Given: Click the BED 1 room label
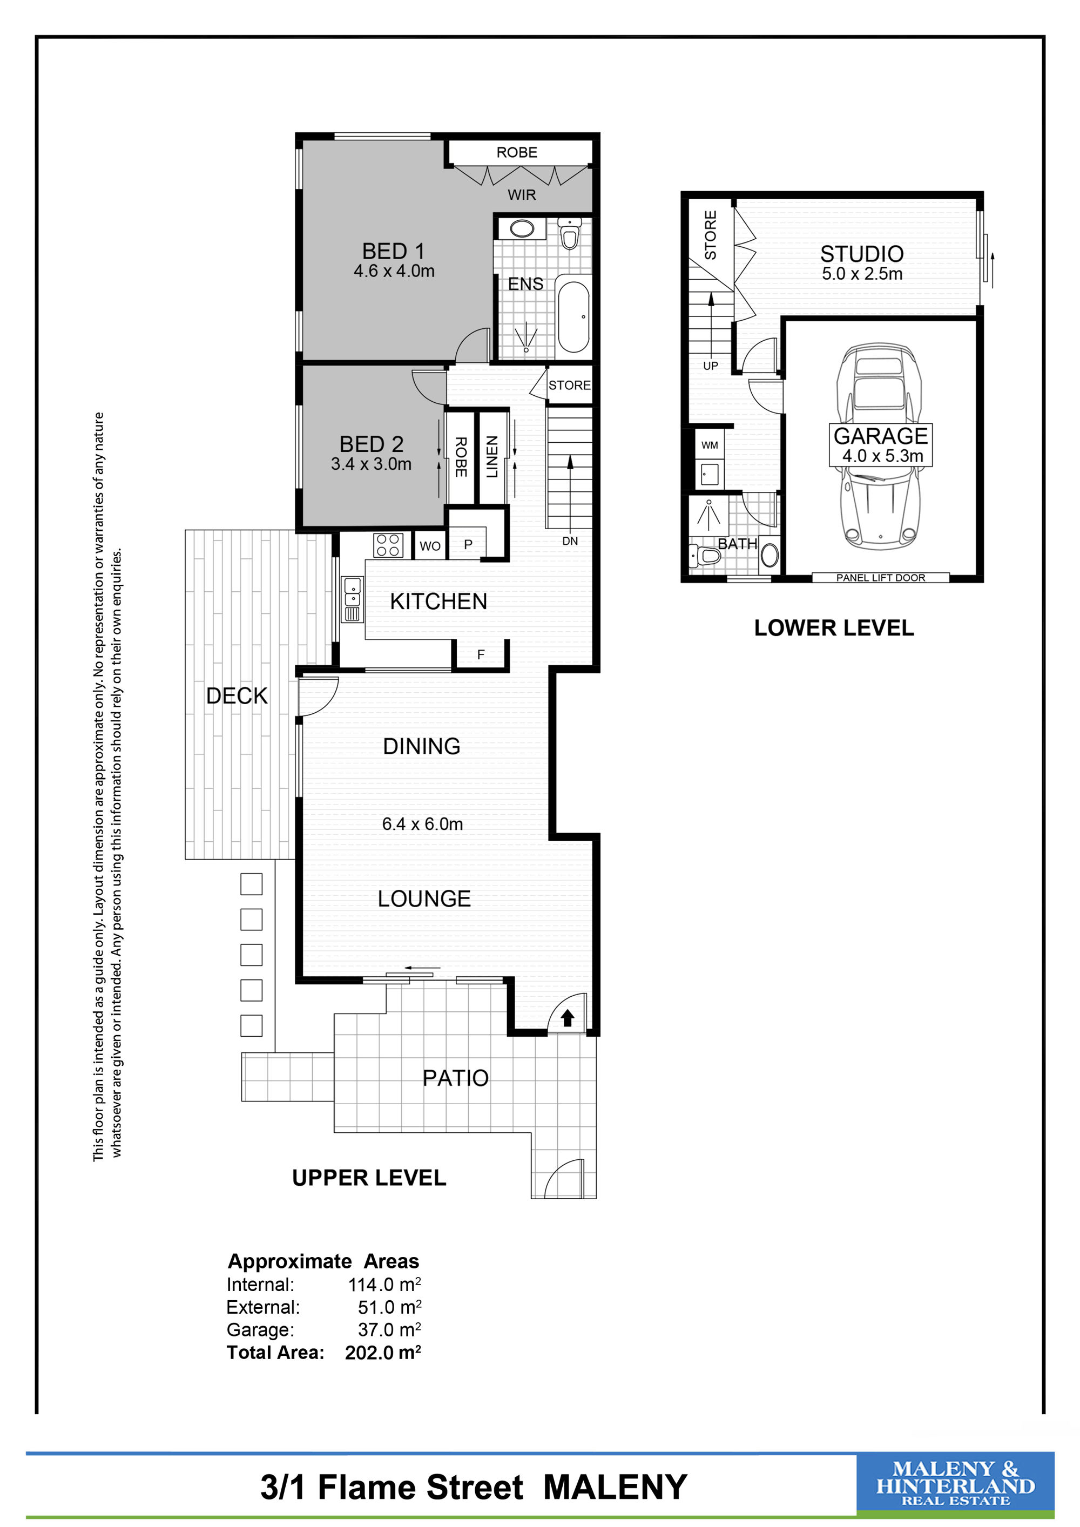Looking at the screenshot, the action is point(393,252).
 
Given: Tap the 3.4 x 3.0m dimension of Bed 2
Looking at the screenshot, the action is point(371,464).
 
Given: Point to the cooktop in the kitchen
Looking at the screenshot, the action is point(388,545).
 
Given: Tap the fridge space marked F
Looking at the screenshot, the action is point(481,655).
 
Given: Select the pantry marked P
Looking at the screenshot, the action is point(468,545).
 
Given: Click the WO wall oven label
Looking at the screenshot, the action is point(430,546).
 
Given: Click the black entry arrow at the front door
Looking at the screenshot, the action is point(567,1018).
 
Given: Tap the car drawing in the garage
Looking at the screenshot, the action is point(879,445).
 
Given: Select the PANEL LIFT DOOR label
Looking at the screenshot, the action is point(881,578).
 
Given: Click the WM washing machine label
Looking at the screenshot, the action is point(710,445).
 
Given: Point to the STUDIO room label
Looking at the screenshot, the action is point(861,254).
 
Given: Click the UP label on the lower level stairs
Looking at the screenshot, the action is point(710,366).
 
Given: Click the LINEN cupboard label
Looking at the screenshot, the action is point(492,457).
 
